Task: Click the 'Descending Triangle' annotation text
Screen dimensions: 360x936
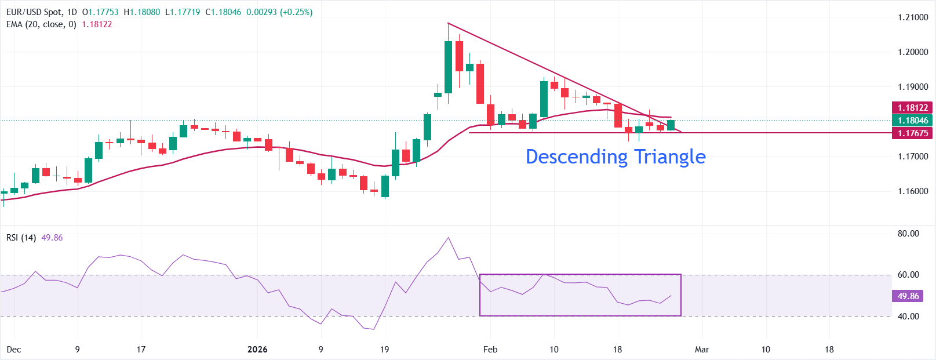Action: pos(615,157)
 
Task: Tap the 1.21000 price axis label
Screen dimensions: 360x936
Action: pos(913,17)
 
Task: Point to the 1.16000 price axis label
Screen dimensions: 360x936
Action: pos(913,191)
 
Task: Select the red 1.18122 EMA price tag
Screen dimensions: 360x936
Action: pos(913,108)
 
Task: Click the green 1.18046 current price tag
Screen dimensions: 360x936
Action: pos(913,121)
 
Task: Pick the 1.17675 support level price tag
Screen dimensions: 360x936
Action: pos(913,133)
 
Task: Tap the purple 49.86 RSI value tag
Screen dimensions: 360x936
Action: pos(908,296)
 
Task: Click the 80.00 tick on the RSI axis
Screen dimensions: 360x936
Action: pos(908,234)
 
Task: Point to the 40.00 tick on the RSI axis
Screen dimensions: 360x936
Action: pos(908,317)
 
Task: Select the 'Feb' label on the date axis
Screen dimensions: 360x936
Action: pos(490,350)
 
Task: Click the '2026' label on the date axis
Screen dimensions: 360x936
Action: pos(257,350)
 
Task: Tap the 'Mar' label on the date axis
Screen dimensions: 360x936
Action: pos(702,350)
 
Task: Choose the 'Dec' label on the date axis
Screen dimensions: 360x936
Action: pos(13,350)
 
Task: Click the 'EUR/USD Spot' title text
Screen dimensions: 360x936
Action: pos(34,12)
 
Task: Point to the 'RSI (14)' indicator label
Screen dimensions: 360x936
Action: pos(21,238)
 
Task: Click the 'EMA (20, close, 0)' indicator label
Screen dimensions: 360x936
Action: pos(41,24)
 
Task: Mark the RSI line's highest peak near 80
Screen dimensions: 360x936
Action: pos(448,238)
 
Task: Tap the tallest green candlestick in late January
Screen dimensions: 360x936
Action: pos(448,67)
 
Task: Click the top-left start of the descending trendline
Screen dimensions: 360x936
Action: pos(448,23)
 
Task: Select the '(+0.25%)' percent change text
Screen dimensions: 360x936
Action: pos(296,12)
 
